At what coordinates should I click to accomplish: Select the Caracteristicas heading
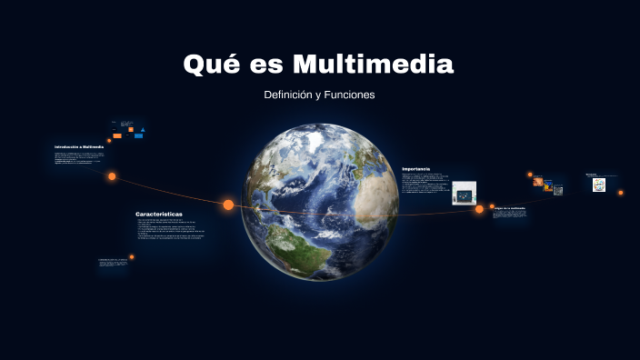tap(159, 214)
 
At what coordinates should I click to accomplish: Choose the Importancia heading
tap(415, 168)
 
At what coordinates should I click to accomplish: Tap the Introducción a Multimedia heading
tap(79, 146)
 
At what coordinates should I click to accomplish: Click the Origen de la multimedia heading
tap(509, 207)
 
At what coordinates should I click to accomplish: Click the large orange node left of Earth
tap(228, 205)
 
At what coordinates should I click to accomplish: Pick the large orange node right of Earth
tap(479, 209)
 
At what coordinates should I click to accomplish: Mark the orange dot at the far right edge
tap(621, 193)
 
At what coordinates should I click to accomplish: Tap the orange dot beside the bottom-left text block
tap(132, 257)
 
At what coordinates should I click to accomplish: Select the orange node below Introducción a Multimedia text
tap(112, 176)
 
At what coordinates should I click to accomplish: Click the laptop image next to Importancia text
tap(465, 193)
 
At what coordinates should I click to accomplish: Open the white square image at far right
tap(599, 185)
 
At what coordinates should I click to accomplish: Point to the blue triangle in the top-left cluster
tap(143, 131)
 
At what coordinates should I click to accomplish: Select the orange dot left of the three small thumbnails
tap(529, 175)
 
